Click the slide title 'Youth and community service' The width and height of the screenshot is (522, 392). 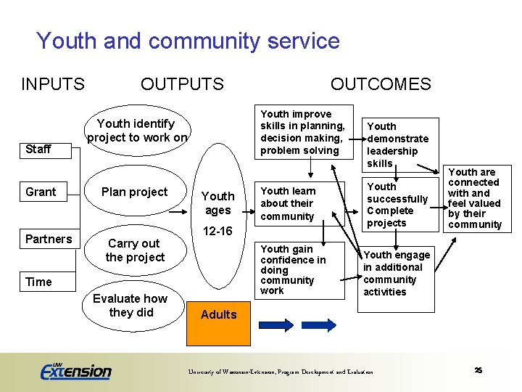[188, 41]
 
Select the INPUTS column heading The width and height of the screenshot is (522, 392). [53, 84]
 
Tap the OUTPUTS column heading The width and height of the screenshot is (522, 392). [182, 84]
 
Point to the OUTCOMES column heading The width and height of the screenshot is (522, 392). [381, 84]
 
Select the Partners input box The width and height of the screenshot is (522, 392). [49, 239]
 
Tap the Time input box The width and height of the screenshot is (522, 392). [39, 282]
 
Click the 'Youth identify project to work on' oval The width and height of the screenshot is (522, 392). [136, 131]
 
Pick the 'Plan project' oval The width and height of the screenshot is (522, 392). [134, 192]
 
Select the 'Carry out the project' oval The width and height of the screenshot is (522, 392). [135, 250]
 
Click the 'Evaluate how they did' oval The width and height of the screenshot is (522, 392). [131, 305]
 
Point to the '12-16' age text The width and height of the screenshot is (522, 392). [217, 231]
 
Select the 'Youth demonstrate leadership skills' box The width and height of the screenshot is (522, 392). [398, 144]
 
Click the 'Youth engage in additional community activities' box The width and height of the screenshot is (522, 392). [396, 273]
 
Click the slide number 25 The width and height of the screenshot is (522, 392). [478, 370]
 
